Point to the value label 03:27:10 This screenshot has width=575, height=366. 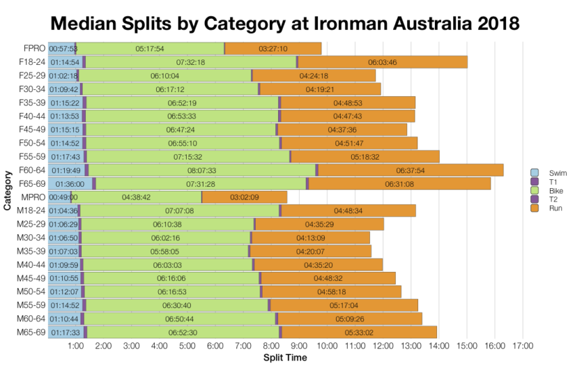(273, 49)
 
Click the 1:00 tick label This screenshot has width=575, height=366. (76, 346)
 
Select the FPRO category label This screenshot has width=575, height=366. (34, 49)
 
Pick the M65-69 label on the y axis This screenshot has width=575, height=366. (31, 331)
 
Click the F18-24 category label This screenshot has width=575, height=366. (32, 62)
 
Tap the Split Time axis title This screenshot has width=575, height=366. (285, 357)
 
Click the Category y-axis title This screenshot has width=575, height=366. (7, 190)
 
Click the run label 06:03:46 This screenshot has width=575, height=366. (382, 62)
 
